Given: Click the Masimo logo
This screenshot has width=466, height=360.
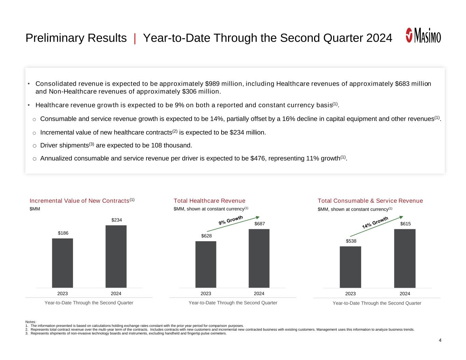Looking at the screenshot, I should coord(423,35).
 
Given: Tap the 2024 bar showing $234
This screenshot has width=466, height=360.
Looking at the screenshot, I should coord(116,256).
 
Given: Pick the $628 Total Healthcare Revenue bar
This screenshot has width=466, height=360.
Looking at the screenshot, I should coord(206,264).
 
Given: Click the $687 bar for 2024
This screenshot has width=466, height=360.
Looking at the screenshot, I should coord(259,258).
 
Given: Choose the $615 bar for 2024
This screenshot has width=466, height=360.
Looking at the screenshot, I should coord(405,258).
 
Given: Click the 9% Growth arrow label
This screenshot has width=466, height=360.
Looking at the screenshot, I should coord(231,220).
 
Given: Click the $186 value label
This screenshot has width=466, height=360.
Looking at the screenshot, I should coord(63,233).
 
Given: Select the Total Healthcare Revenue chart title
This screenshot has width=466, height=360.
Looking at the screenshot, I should coord(209,201).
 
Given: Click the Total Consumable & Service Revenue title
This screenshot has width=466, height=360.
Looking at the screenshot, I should coord(370,201).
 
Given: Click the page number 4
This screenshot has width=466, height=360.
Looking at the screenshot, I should coord(440,340).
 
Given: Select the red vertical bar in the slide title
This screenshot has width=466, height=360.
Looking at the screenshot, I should coord(135,38).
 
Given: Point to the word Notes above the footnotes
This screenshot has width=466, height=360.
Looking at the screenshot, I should coord(31,322).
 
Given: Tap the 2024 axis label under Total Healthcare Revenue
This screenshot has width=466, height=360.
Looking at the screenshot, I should coord(259,293).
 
